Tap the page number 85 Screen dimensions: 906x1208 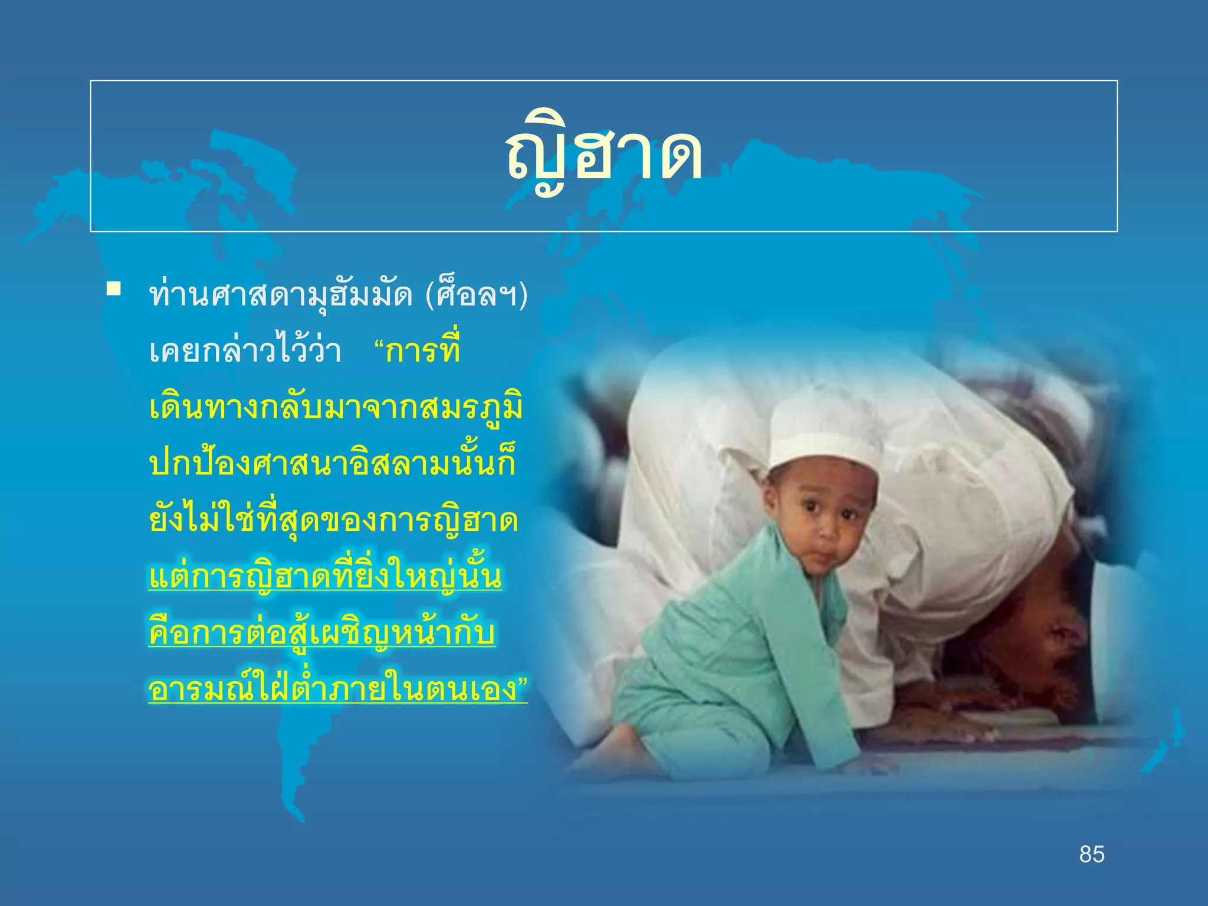(1092, 854)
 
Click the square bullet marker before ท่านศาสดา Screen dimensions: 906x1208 (114, 289)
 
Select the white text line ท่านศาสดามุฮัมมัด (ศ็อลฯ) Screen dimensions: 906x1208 (339, 295)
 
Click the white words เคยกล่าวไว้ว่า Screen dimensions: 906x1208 (245, 352)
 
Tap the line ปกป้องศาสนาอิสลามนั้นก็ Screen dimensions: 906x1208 (333, 464)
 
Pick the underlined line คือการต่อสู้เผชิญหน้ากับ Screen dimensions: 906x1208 (322, 633)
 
